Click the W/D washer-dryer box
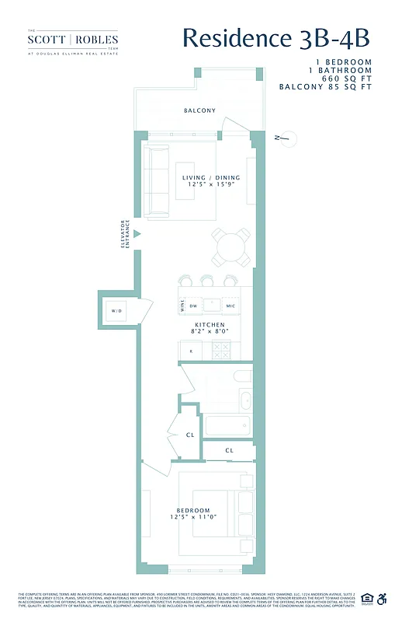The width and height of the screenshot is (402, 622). [x=116, y=311]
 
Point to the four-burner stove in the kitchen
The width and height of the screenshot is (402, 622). [x=221, y=350]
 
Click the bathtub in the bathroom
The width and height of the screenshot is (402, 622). [x=227, y=425]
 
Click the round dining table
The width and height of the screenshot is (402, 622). [x=232, y=246]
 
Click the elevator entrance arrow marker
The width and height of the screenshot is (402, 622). [x=136, y=233]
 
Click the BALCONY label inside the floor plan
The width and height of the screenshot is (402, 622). [x=199, y=110]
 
